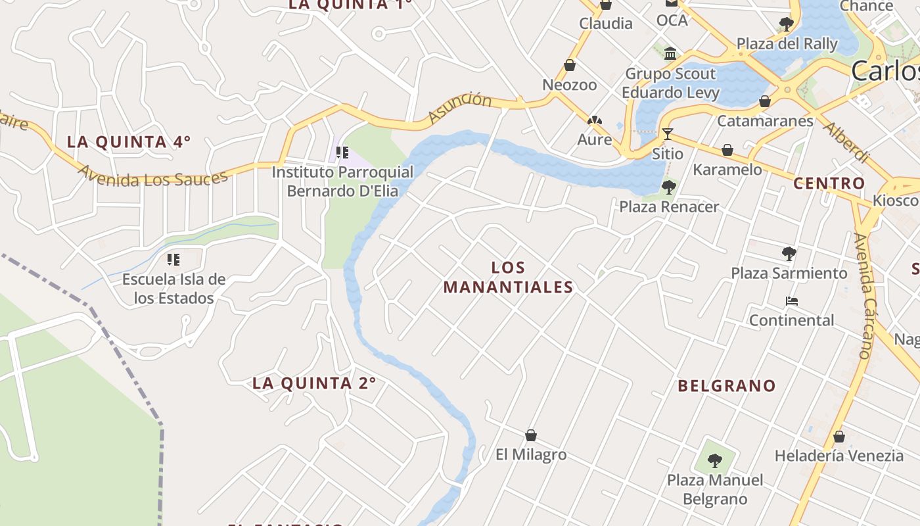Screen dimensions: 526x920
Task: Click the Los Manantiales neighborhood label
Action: tap(508, 277)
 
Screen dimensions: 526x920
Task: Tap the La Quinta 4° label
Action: tap(129, 141)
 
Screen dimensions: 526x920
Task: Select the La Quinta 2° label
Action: tap(314, 383)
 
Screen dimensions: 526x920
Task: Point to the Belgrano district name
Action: tap(727, 385)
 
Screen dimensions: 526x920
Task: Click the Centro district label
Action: tap(829, 183)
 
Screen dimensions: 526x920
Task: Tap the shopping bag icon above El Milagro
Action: tap(531, 435)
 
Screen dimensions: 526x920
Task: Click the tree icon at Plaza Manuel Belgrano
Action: tap(715, 460)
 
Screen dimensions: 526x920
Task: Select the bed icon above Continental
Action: tap(792, 301)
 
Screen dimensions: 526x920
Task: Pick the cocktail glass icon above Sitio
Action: tap(668, 134)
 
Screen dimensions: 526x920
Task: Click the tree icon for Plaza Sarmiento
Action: tap(789, 253)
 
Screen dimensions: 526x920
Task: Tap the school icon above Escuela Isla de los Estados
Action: tap(173, 260)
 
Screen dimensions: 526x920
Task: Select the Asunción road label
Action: tap(459, 108)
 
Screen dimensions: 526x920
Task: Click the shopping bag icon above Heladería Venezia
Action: tap(839, 436)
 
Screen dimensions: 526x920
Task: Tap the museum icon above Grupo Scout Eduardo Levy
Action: tap(670, 53)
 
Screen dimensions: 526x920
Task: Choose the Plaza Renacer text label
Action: tap(669, 206)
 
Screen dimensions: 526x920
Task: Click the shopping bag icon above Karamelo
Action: tap(727, 150)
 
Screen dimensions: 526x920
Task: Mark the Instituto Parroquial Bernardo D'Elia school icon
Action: tap(342, 153)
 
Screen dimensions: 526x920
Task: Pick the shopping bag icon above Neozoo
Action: tap(570, 65)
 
